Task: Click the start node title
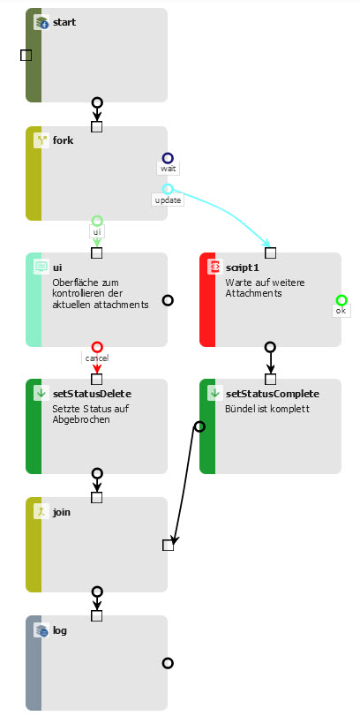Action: coord(64,22)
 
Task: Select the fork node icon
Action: coord(41,140)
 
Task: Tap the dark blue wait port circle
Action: coord(168,158)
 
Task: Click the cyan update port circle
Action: coord(168,189)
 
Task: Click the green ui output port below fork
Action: coord(97,221)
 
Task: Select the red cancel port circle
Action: coord(97,347)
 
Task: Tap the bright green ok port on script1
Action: coord(341,300)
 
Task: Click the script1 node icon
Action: coord(214,267)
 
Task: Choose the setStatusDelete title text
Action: coord(92,394)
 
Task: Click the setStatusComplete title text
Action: coord(273,394)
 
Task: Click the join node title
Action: coord(62,512)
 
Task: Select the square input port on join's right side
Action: coord(169,546)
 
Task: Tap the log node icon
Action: coord(41,631)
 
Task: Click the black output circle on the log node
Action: coord(168,663)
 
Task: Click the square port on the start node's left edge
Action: coord(26,56)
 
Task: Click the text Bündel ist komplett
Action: coord(267,409)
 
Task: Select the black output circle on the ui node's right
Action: coord(168,300)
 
